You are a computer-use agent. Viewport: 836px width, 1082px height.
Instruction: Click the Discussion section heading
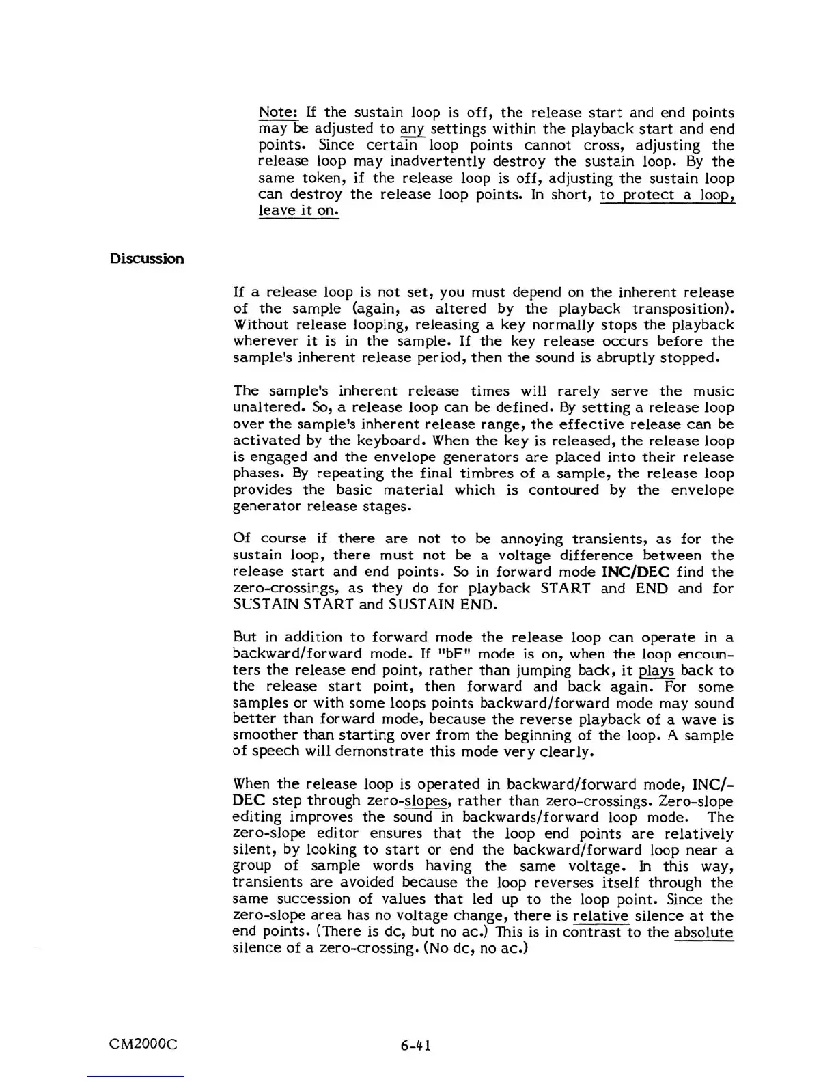(x=147, y=259)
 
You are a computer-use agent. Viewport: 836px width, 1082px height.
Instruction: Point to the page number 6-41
(x=416, y=1045)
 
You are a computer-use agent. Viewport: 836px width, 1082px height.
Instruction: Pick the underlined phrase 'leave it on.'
(x=298, y=211)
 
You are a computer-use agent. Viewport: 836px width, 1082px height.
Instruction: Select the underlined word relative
(x=601, y=916)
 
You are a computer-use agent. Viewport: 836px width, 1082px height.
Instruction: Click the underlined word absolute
(x=703, y=932)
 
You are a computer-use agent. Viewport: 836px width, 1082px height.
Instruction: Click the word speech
(x=276, y=752)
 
